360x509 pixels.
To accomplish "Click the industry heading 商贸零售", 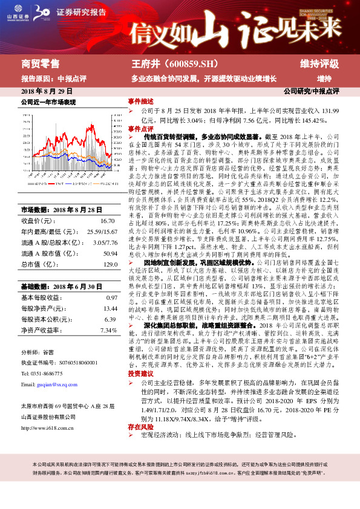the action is click(41, 63).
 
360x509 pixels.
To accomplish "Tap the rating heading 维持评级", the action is click(319, 63).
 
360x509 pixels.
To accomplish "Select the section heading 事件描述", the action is click(140, 101).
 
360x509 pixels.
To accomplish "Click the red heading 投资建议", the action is click(140, 374).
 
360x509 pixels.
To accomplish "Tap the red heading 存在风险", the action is click(140, 427).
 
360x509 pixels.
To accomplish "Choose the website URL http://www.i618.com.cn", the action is click(51, 428).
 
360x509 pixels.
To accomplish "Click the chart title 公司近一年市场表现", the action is click(48, 102).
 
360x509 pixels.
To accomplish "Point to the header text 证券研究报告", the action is click(81, 12).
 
